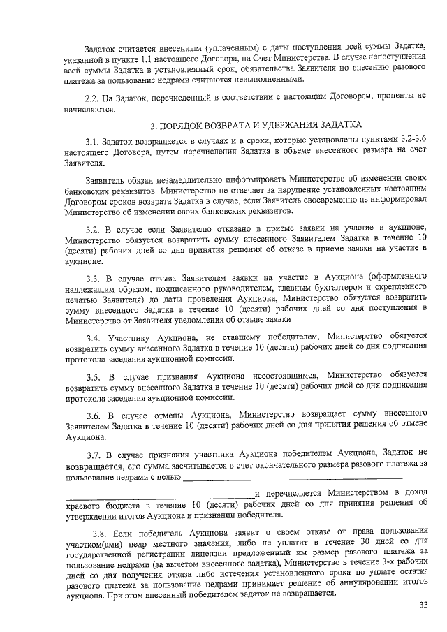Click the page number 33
(x=423, y=605)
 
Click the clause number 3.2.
(x=94, y=229)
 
